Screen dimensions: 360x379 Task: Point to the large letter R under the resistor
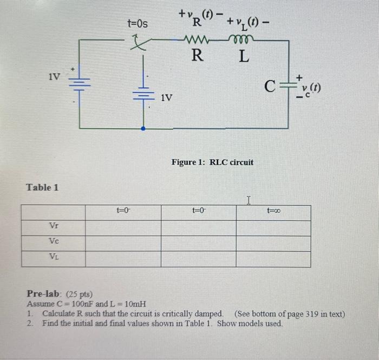198,56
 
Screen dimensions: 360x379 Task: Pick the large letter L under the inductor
244,56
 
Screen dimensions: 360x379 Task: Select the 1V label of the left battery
54,76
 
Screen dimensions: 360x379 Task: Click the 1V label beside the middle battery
166,97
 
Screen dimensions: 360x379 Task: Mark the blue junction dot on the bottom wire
143,129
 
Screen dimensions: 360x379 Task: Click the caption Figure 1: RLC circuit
212,162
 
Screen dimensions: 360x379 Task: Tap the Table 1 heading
42,187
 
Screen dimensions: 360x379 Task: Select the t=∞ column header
273,213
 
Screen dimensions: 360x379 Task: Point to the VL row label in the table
54,259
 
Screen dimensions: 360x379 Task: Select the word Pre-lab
43,294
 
